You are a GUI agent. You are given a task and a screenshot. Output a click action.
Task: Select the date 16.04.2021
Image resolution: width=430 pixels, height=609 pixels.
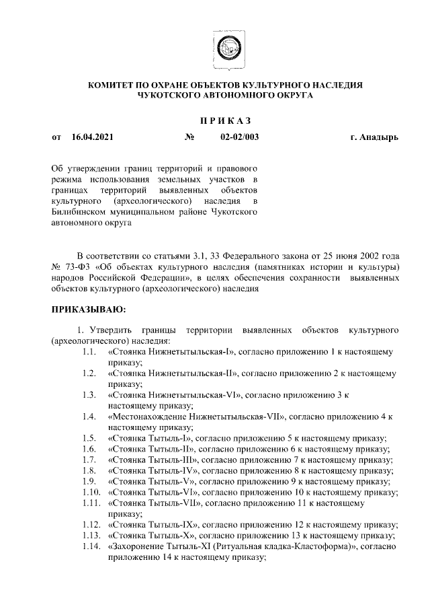coord(92,137)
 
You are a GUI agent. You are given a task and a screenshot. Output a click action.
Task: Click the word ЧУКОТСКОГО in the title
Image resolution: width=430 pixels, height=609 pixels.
coord(167,96)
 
